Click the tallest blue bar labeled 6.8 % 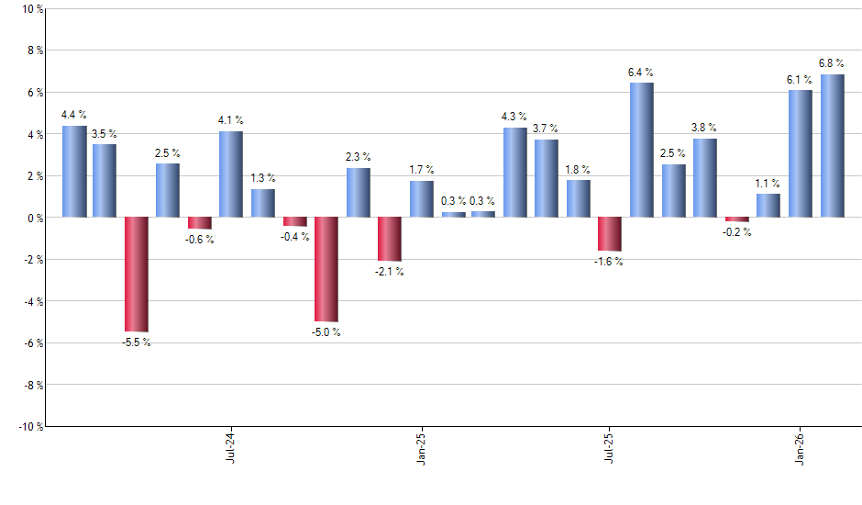[832, 146]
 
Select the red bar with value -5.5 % [137, 274]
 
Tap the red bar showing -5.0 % [326, 269]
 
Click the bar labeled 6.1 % [801, 153]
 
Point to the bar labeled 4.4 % [74, 172]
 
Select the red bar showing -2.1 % [390, 239]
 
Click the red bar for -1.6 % [610, 234]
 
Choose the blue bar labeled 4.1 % [231, 174]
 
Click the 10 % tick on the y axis [31, 9]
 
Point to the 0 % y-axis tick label [35, 218]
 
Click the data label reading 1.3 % [263, 178]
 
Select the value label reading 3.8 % [704, 128]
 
